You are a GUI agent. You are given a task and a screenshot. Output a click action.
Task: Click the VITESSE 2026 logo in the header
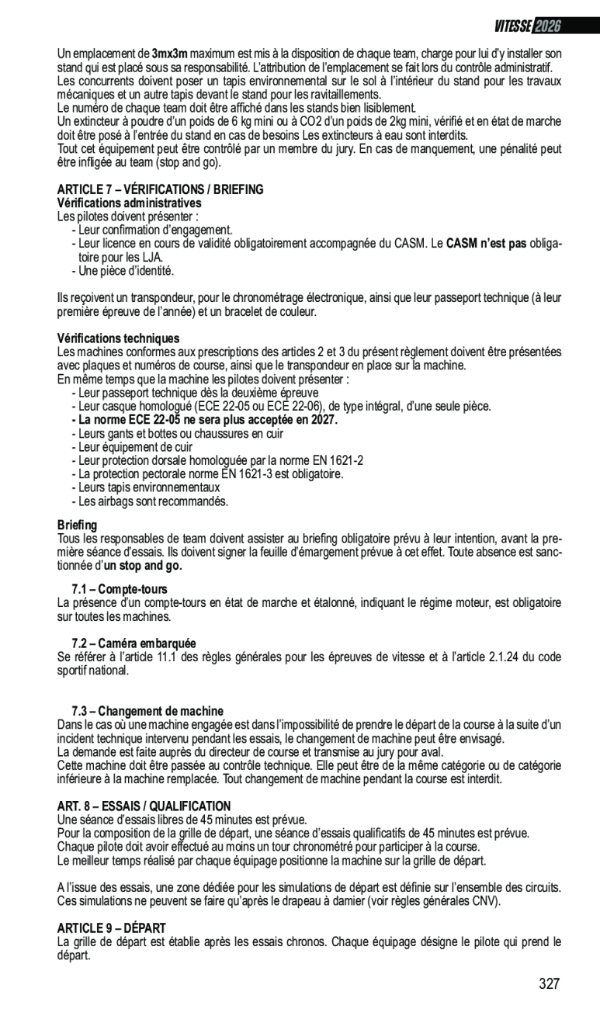[527, 26]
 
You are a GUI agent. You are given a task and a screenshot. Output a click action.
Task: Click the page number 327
[549, 984]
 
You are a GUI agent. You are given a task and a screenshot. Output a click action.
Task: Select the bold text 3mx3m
[170, 54]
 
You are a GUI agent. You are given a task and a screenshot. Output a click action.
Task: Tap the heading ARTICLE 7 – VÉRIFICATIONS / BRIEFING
[160, 189]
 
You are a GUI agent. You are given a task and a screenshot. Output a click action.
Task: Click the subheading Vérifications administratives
[129, 203]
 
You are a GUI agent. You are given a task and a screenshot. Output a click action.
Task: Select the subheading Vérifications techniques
[118, 338]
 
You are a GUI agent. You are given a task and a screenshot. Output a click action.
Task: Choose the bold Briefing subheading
[78, 525]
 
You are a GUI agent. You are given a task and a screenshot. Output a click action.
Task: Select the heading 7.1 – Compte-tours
[119, 590]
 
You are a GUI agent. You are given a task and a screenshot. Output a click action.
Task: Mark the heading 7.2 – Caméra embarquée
[134, 643]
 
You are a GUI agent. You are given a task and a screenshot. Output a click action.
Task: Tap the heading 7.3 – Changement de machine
[147, 711]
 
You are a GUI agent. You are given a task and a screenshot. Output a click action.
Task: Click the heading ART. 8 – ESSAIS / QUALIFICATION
[144, 806]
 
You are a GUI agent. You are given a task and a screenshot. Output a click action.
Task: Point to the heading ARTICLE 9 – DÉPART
[111, 928]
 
